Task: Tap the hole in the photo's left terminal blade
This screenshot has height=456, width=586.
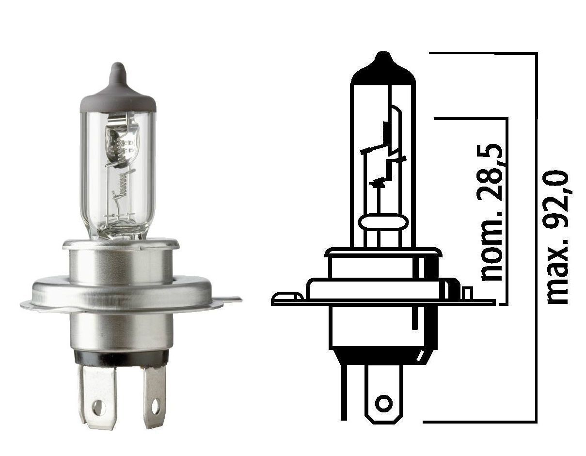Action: [98, 408]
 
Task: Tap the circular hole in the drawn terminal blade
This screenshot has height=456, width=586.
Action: [384, 403]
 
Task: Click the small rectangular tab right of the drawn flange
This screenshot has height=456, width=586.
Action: [467, 293]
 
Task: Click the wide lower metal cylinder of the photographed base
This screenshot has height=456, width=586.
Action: [121, 330]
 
